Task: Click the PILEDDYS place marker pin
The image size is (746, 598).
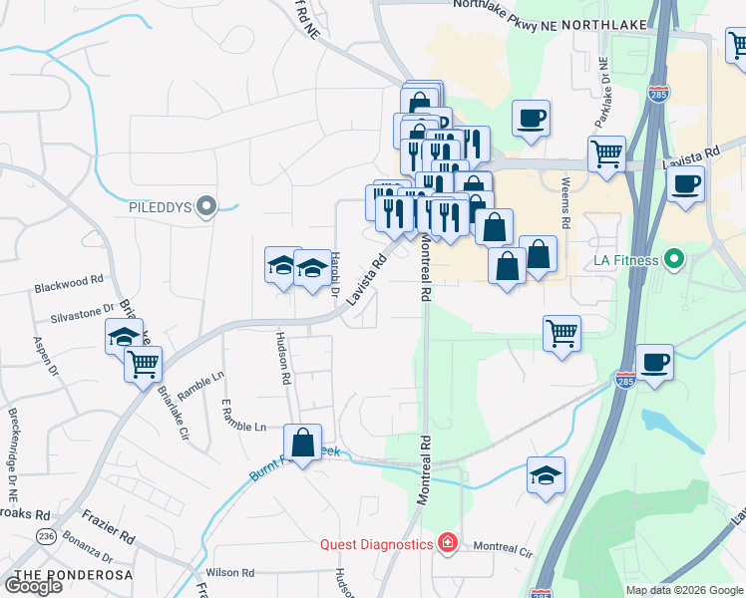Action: point(206,206)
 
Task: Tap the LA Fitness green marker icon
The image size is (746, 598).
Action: point(674,261)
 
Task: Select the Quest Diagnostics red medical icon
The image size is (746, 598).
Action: point(448,543)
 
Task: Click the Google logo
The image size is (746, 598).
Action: point(33,586)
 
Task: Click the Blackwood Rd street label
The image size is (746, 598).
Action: point(69,284)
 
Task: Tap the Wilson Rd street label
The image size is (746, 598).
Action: point(231,573)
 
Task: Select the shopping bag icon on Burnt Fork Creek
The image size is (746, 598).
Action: point(302,444)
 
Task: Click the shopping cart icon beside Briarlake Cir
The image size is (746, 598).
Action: point(144,365)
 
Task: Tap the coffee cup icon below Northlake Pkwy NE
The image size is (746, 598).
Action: point(531,118)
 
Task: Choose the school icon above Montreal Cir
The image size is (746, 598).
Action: point(546,475)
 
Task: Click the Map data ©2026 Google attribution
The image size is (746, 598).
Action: point(682,590)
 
